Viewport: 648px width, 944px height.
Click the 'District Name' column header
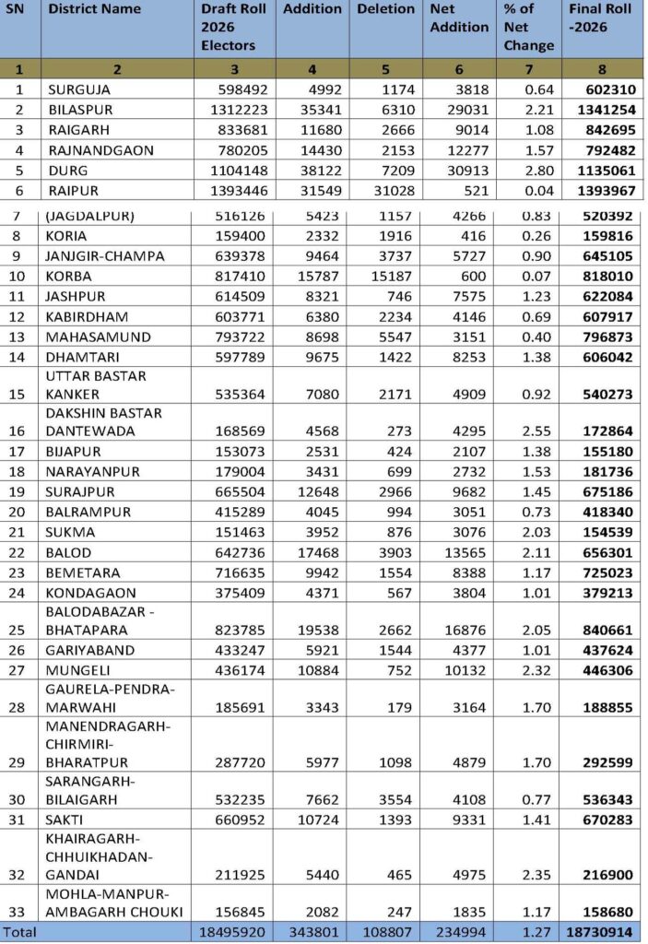[95, 9]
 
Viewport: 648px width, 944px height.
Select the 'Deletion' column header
[385, 9]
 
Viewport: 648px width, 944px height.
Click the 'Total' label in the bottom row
[19, 932]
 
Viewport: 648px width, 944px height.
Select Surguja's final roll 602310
[608, 89]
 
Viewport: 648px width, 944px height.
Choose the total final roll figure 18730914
[601, 932]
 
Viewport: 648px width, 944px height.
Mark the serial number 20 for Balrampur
[21, 512]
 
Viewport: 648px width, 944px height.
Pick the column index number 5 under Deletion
[385, 68]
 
